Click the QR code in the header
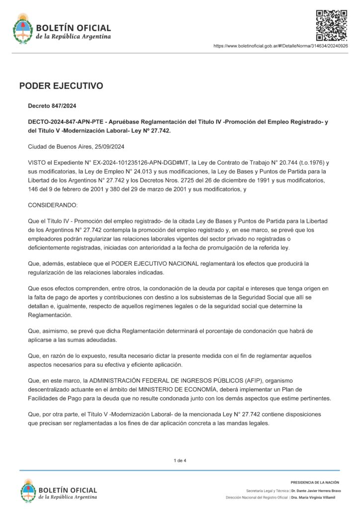coord(332,25)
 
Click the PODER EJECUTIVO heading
coord(61,86)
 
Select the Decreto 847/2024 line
coord(52,106)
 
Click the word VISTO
coord(37,162)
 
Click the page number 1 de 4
coord(180,461)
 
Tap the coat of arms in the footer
coord(28,490)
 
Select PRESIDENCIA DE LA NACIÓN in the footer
coord(315,482)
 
